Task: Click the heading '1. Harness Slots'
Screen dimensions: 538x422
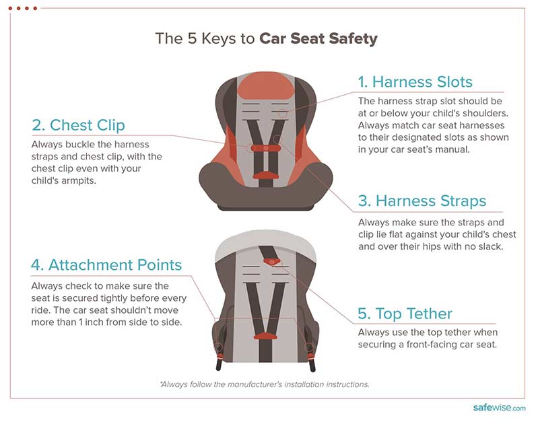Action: tap(415, 82)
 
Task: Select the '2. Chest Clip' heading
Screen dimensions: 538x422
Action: tap(78, 125)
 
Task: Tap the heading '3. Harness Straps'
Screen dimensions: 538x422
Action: tap(422, 201)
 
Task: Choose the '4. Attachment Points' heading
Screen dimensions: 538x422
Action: tap(106, 265)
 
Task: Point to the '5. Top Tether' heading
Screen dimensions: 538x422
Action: tap(405, 314)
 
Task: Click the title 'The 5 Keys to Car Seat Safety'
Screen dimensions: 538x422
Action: tap(266, 38)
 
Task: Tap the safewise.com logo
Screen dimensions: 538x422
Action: tap(499, 408)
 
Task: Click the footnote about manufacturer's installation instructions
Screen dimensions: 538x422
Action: tap(265, 384)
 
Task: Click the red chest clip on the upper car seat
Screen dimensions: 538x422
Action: tap(266, 148)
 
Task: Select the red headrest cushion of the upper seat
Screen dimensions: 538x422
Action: tap(265, 85)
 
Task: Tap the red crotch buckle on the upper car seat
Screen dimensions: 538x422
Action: tap(265, 175)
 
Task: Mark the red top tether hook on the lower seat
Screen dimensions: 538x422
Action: tap(272, 262)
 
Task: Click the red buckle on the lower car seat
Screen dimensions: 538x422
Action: tap(265, 336)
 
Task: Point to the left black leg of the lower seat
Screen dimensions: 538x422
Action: tap(220, 363)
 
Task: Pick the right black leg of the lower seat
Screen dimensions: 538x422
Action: tap(312, 364)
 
